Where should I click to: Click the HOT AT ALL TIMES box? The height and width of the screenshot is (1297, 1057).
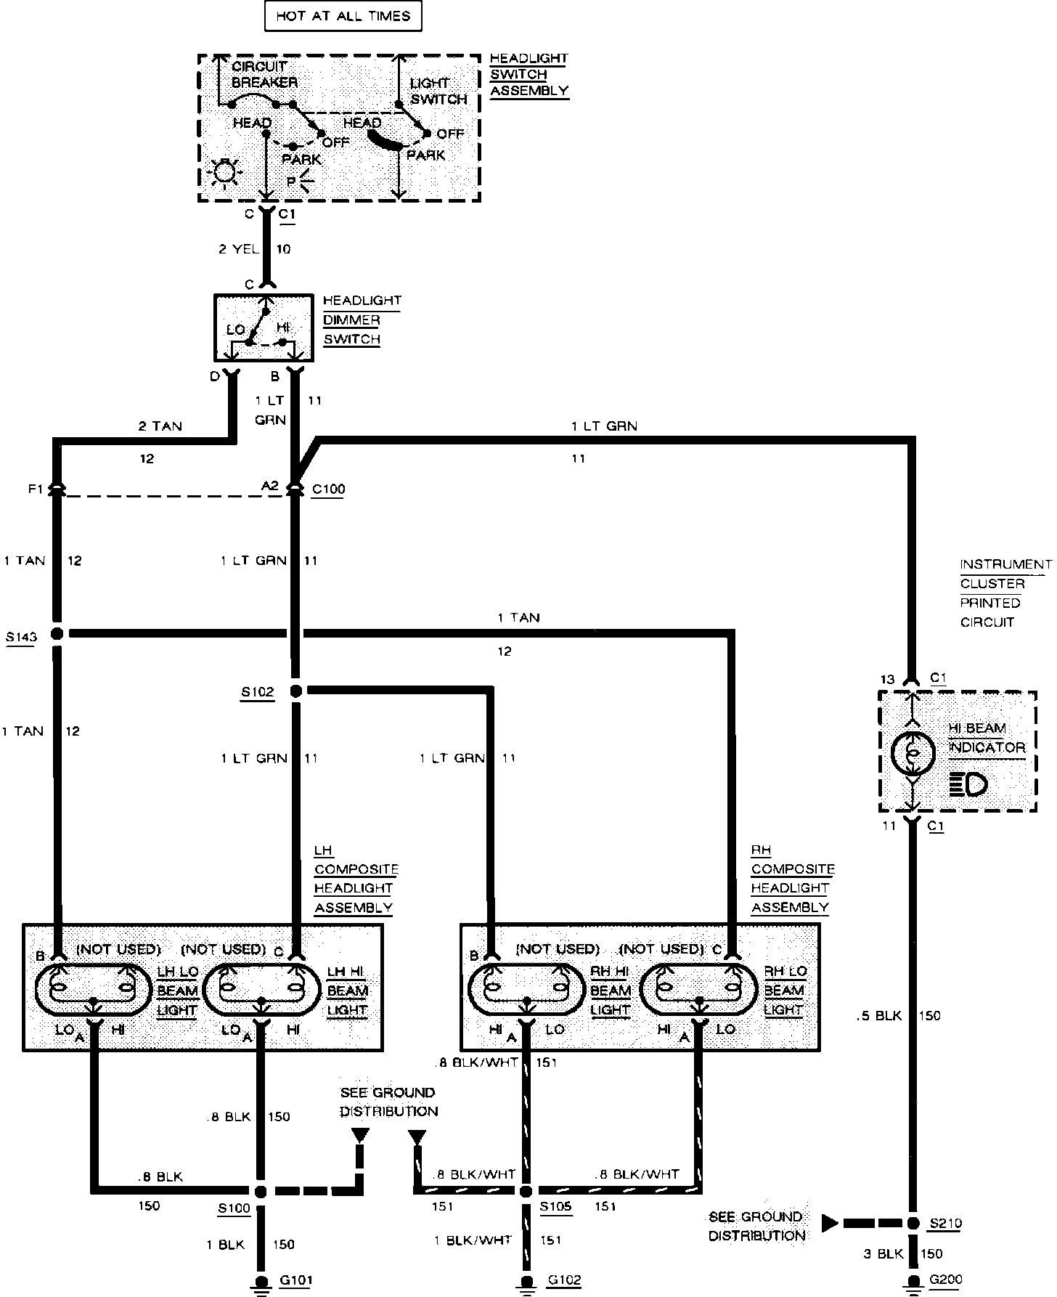[343, 16]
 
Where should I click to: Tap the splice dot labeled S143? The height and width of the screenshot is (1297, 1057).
[57, 634]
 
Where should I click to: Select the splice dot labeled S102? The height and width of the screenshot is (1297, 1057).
[295, 691]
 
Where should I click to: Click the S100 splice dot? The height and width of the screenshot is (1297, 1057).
[261, 1192]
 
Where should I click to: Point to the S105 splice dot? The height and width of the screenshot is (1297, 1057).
[526, 1192]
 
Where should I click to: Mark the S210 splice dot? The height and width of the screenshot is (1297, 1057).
[913, 1223]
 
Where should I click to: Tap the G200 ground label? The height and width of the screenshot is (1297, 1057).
[945, 1280]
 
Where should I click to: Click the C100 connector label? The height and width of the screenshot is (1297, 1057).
[328, 489]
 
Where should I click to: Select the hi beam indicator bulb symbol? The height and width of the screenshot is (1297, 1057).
[912, 754]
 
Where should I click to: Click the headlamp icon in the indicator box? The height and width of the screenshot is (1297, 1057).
[968, 784]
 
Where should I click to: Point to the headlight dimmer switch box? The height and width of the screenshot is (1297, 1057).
[264, 328]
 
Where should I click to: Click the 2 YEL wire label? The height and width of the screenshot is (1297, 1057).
[238, 249]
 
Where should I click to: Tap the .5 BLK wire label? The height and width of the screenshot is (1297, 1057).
[878, 1016]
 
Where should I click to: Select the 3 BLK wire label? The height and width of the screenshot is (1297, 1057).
[882, 1253]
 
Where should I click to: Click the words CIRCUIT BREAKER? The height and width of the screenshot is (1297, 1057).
[264, 74]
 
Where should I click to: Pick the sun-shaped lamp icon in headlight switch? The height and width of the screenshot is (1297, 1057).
[224, 173]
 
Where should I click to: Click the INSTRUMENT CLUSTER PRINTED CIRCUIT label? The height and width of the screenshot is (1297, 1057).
[1005, 593]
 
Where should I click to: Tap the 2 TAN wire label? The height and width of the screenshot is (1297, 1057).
[160, 426]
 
